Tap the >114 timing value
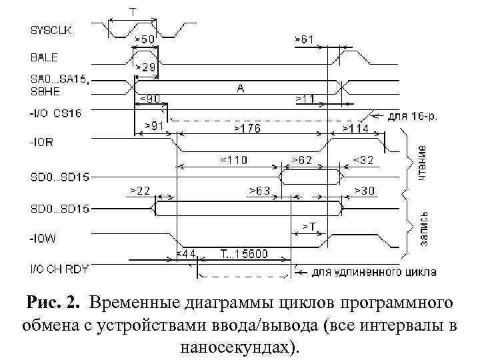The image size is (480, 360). (x=355, y=127)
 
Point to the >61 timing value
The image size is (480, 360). (x=304, y=40)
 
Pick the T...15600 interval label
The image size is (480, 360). (x=245, y=254)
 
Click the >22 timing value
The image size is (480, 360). (x=140, y=191)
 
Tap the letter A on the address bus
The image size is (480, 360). (x=238, y=87)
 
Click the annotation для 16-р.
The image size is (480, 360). (x=413, y=116)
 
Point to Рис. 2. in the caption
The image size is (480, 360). (x=53, y=305)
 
